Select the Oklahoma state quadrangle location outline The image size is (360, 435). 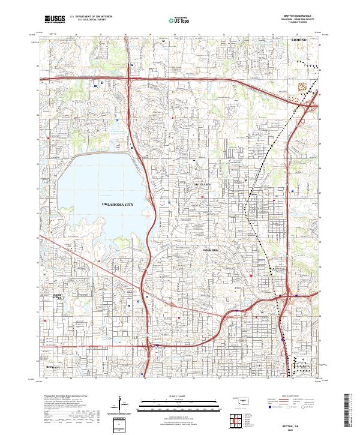[239, 400]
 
